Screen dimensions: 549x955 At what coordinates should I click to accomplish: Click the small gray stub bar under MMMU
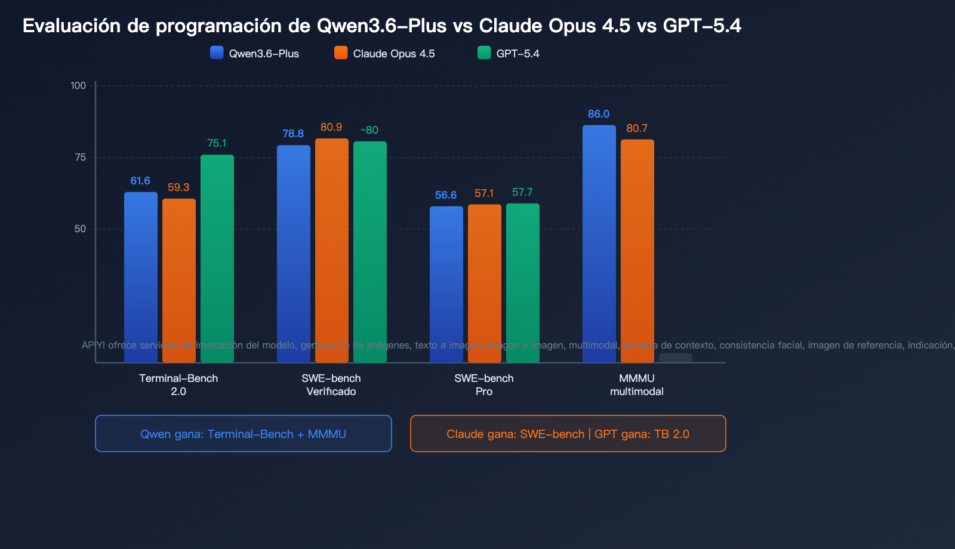(675, 357)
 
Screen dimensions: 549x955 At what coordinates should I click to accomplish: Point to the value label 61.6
(140, 181)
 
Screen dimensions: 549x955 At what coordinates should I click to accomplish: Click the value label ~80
(369, 130)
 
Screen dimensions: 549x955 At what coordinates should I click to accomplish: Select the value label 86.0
(599, 114)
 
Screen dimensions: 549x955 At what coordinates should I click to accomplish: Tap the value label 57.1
(484, 193)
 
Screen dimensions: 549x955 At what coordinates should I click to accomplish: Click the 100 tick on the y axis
(78, 85)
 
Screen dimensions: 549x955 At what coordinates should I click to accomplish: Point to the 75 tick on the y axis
(81, 157)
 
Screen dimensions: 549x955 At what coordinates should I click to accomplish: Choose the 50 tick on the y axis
(81, 229)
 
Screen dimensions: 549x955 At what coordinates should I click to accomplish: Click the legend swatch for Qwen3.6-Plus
(217, 53)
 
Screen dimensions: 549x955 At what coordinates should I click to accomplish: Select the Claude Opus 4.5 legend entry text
(394, 54)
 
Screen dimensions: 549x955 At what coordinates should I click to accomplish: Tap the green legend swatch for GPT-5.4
(484, 53)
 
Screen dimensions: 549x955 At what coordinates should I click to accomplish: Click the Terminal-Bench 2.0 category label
(178, 384)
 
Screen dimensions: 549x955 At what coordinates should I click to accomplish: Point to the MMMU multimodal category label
(637, 384)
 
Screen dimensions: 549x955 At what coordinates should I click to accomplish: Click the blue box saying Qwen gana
(244, 434)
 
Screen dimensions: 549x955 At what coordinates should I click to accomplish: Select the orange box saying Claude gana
(568, 434)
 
